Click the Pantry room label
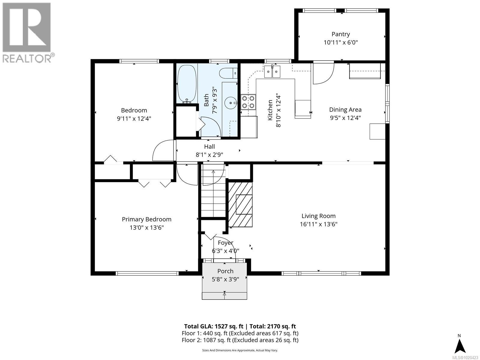tap(340, 34)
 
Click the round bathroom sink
tap(230, 103)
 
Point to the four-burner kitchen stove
tap(248, 101)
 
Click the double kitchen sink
tap(272, 71)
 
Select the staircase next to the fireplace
tap(213, 192)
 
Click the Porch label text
tap(225, 271)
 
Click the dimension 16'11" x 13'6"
tap(318, 224)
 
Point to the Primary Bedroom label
tap(146, 219)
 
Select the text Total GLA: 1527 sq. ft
tap(214, 326)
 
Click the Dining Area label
tap(345, 110)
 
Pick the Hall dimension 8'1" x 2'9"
tap(209, 155)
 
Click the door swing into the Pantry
tap(323, 73)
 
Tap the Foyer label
tap(225, 243)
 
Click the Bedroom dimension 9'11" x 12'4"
tap(134, 118)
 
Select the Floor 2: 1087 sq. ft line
tap(240, 340)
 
